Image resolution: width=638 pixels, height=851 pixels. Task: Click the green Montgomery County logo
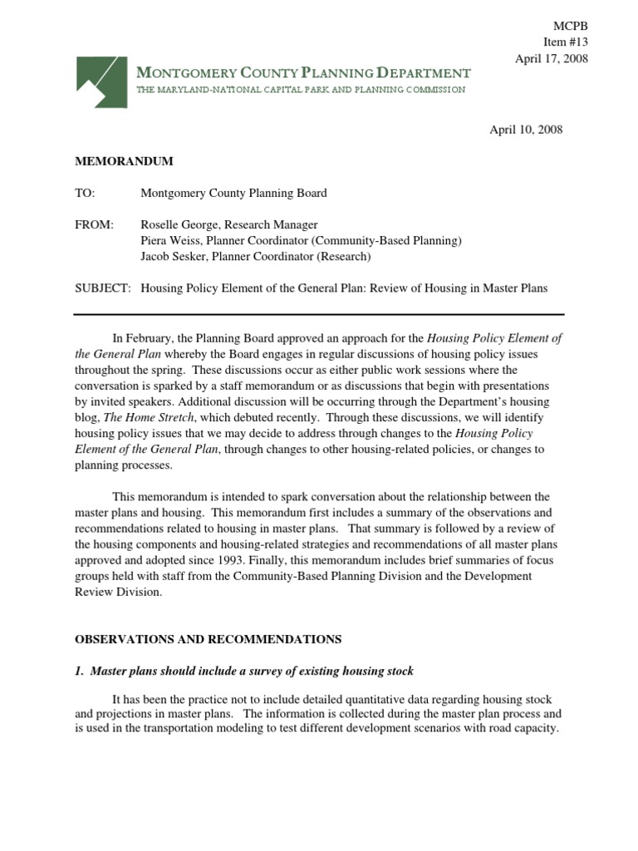tap(102, 81)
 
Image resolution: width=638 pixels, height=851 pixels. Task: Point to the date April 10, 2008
tap(526, 130)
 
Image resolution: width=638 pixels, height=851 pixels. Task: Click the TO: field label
tap(85, 193)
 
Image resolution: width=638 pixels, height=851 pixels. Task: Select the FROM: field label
tap(93, 224)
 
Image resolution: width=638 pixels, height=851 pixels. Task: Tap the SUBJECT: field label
tap(102, 288)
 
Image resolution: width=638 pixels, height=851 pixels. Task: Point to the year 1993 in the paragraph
tap(230, 560)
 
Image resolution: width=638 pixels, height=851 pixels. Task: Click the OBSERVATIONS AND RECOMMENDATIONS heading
tap(208, 639)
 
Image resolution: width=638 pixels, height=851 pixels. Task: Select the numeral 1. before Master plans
tap(80, 671)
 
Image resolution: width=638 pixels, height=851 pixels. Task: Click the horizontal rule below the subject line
tap(319, 314)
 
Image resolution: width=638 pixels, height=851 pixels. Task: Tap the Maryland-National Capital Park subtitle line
tap(300, 90)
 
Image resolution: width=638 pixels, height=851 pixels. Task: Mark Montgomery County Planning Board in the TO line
tap(233, 193)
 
